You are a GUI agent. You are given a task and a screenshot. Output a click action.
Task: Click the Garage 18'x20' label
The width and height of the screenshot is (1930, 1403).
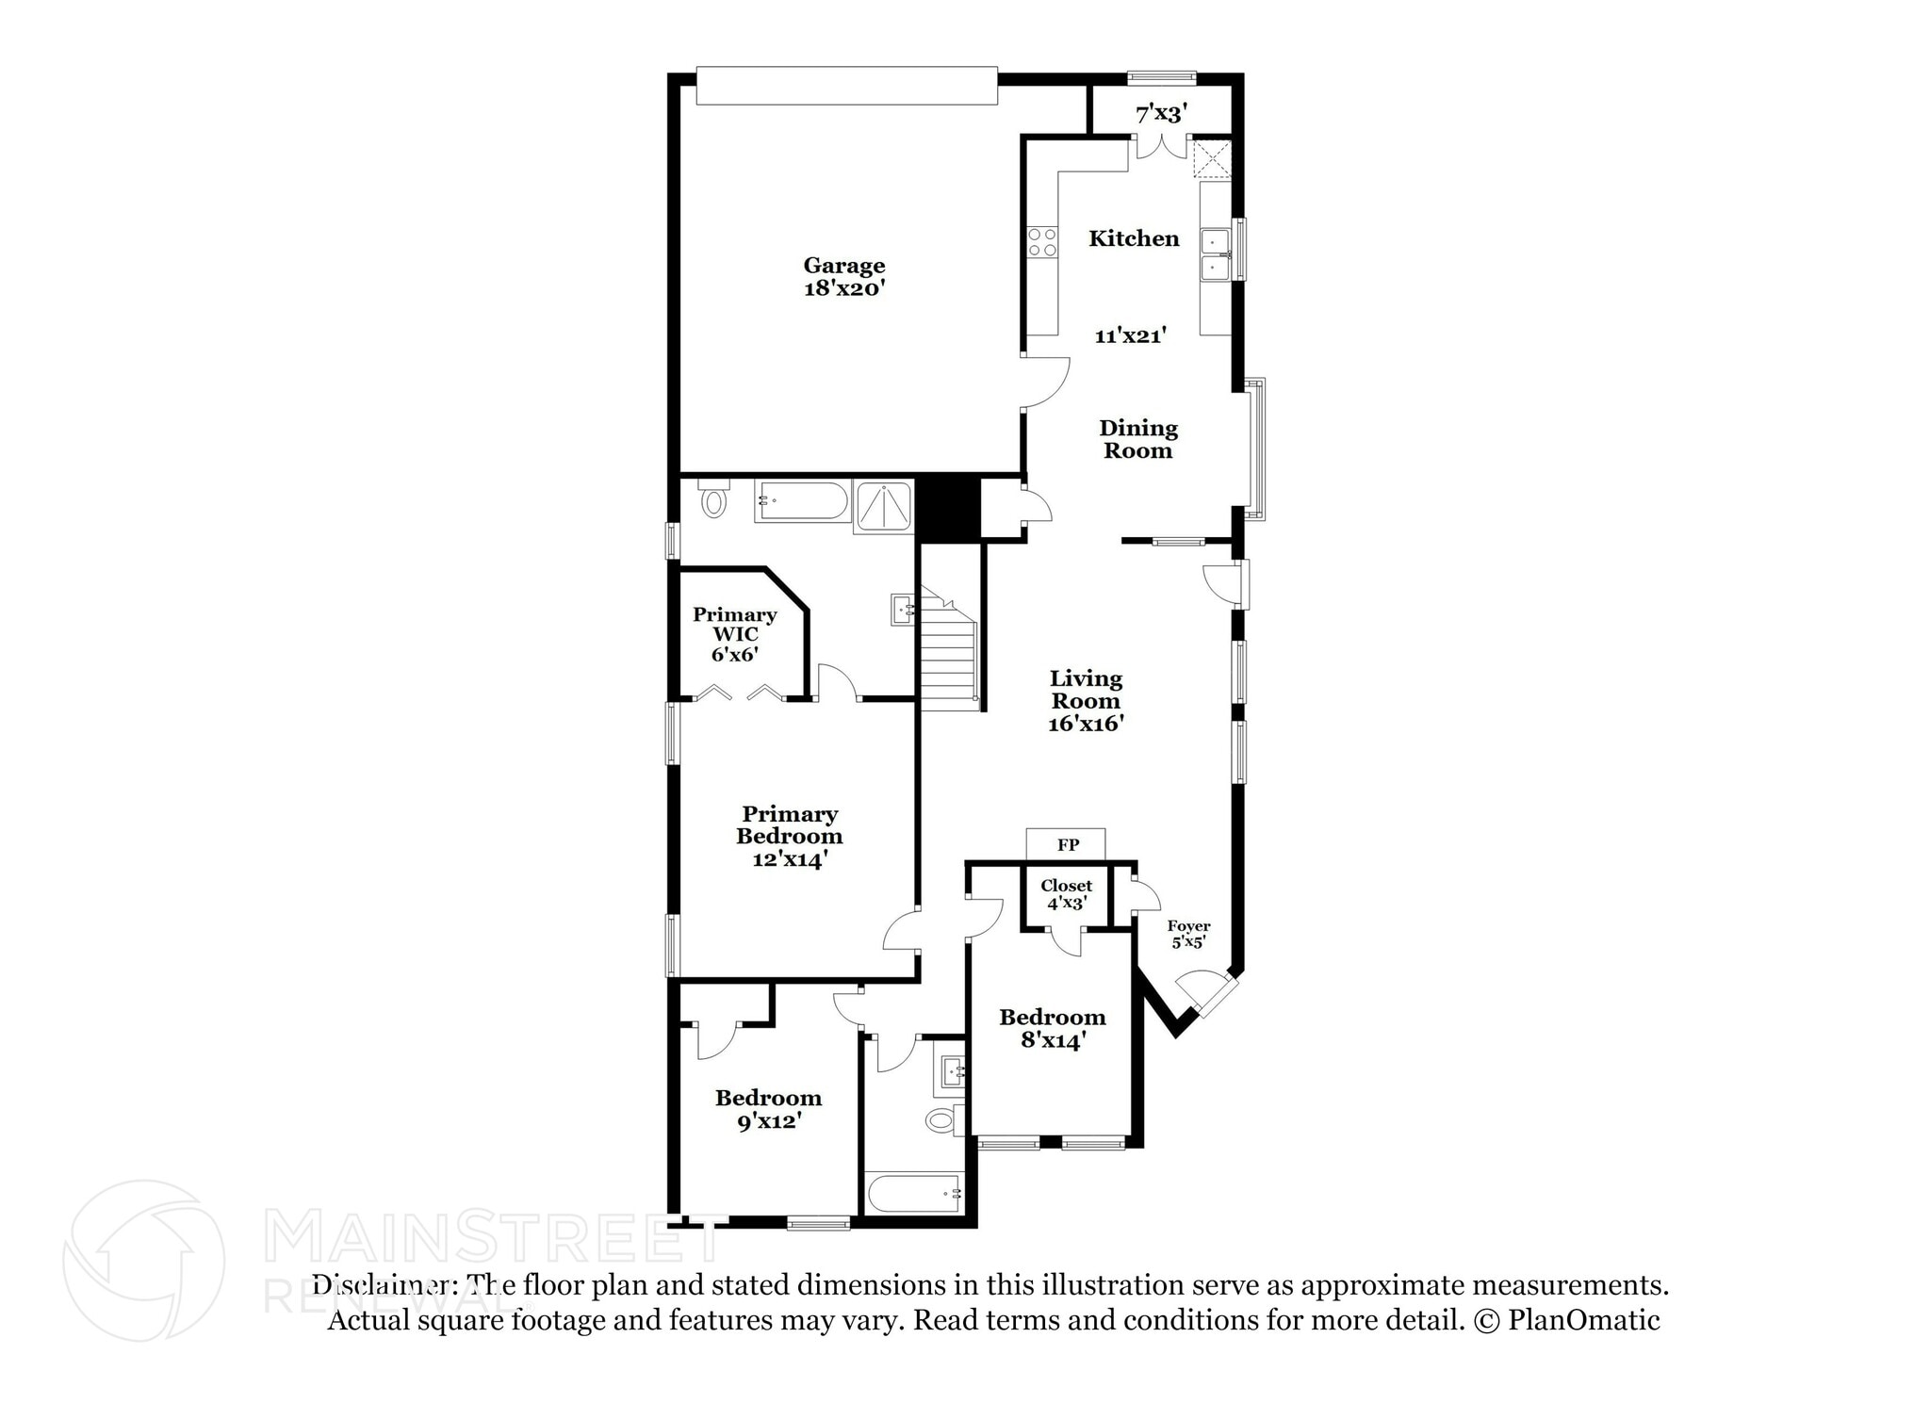point(843,277)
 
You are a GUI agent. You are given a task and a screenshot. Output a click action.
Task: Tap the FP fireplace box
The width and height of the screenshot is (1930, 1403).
point(1066,845)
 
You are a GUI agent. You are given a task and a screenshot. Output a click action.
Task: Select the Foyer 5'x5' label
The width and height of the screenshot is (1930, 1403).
point(1187,934)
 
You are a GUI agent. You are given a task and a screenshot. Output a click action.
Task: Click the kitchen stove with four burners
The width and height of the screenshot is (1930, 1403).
point(1041,243)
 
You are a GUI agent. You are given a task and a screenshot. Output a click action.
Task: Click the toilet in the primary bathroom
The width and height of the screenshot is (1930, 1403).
point(714,500)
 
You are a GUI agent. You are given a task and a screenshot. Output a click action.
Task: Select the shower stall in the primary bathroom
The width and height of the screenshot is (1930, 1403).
point(883,508)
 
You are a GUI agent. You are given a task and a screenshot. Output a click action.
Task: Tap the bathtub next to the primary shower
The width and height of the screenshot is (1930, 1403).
point(802,502)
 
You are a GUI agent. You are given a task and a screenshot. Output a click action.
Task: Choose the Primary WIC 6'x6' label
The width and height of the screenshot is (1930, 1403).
point(734,634)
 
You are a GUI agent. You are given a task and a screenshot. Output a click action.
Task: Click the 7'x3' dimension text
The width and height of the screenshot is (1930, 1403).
point(1160,114)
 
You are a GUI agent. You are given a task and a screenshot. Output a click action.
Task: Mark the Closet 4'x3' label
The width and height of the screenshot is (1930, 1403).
point(1066,893)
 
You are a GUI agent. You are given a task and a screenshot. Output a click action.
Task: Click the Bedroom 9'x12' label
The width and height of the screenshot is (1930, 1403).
point(768,1109)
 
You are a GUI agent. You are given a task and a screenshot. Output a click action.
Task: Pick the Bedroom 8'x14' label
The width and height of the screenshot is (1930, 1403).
point(1052,1028)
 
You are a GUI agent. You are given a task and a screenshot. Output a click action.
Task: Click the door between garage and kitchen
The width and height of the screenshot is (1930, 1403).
point(1045,383)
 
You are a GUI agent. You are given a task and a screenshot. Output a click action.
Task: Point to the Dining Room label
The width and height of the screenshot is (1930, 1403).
point(1137,439)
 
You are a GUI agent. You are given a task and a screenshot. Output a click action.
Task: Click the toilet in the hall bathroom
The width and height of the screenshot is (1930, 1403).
point(942,1120)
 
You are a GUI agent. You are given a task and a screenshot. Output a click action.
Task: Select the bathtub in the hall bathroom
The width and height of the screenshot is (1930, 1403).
point(913,1195)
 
